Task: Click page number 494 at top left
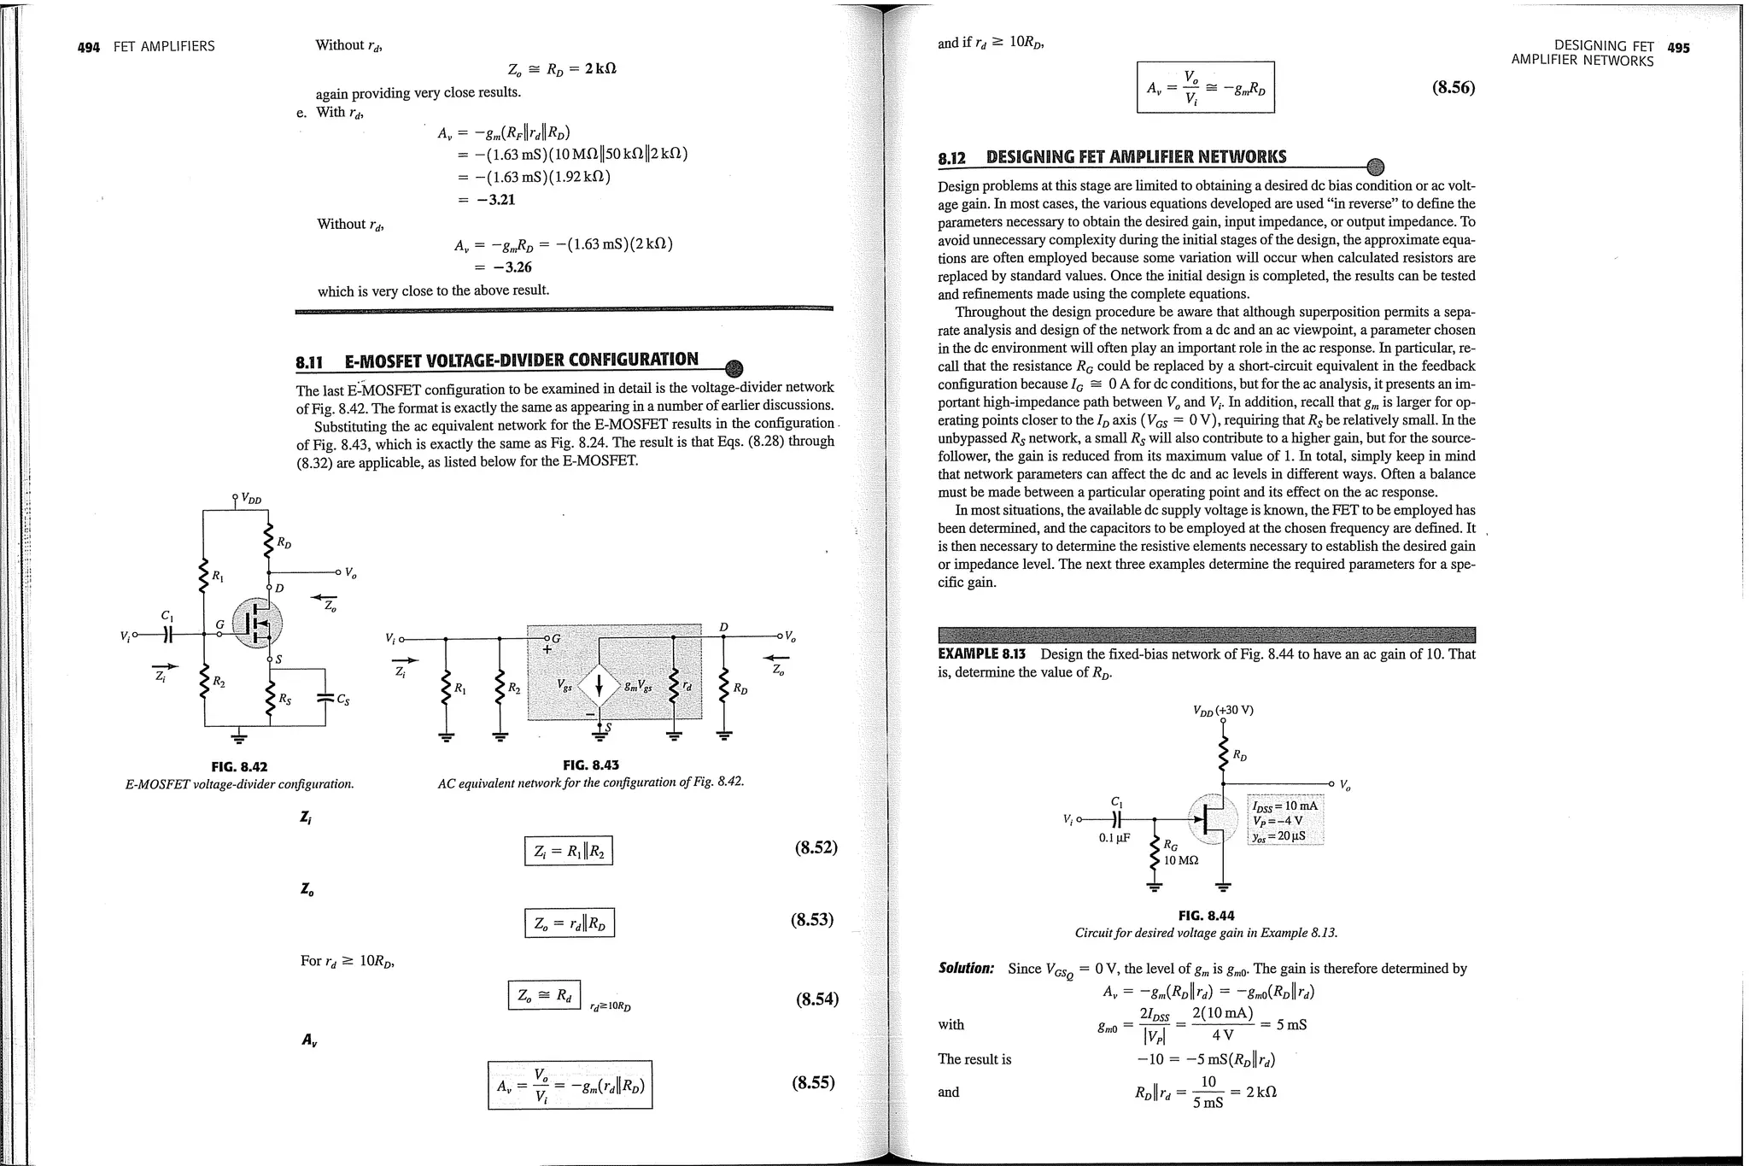pos(89,47)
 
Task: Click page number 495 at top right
pos(1677,48)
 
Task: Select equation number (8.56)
pos(1453,88)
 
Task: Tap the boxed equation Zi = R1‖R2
pos(568,851)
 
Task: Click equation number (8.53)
pos(811,920)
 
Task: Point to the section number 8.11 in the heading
pos(309,362)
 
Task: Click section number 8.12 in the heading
pos(951,158)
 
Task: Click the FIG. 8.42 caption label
pos(239,766)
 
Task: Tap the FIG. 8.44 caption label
pos(1206,915)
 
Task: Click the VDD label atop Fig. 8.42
pos(250,498)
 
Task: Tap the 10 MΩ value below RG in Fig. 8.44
pos(1181,860)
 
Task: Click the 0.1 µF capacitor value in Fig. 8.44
pos(1114,838)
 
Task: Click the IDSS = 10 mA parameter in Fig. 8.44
pos(1284,806)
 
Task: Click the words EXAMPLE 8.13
pos(981,654)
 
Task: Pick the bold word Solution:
pos(966,969)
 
